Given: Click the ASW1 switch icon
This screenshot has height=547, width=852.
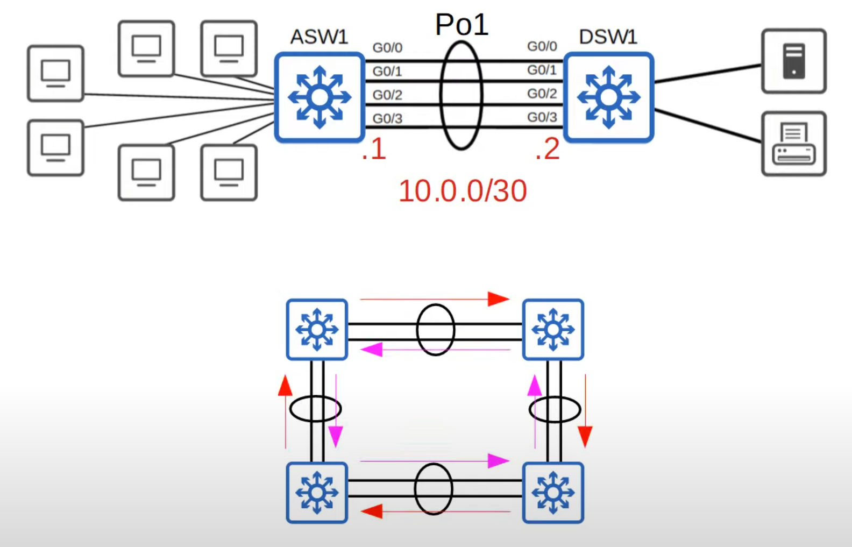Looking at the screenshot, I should [x=319, y=97].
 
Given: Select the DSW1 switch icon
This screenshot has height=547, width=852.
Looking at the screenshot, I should [x=608, y=97].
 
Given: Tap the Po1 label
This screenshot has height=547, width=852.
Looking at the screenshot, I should [x=461, y=25].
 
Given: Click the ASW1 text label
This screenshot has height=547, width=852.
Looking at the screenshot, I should [x=319, y=37].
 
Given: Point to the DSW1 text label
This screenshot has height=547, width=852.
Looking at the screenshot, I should [x=608, y=37].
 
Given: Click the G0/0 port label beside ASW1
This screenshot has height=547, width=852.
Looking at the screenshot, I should [x=387, y=48].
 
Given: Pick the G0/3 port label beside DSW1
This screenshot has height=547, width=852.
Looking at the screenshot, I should [x=542, y=117].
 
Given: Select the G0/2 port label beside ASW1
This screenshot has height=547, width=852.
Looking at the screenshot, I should [x=387, y=95].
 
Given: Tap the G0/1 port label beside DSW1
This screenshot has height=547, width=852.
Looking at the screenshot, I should [x=542, y=70].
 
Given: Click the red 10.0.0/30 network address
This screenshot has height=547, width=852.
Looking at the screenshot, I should [x=463, y=191].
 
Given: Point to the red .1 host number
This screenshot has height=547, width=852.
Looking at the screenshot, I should [x=374, y=150].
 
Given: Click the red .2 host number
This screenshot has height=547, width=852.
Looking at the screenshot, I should [x=548, y=150].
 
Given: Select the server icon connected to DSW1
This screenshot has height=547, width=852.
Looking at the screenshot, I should [x=793, y=61].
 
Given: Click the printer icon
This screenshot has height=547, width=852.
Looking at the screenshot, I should [x=793, y=144].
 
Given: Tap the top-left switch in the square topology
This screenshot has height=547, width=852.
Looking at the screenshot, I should [x=317, y=329].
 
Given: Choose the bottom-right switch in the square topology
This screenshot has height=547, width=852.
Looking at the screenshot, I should [x=553, y=492].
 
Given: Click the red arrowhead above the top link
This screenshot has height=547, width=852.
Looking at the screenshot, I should [x=498, y=299].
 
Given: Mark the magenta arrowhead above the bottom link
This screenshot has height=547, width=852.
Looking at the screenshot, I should [x=498, y=461].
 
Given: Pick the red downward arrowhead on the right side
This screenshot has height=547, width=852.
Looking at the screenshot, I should [x=585, y=436].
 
